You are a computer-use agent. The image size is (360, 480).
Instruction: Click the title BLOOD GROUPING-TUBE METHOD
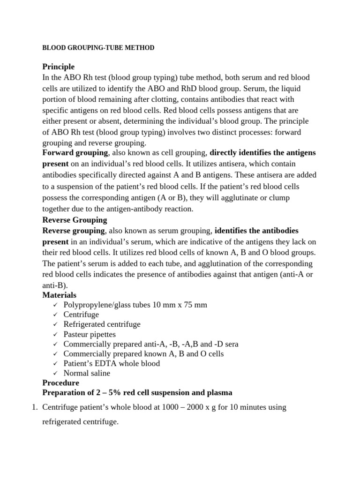(x=98, y=48)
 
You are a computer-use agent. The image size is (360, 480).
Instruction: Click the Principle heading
(x=58, y=67)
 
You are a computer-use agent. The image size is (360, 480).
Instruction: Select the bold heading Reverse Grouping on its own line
(x=75, y=220)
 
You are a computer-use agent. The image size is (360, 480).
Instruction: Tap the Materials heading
(x=59, y=295)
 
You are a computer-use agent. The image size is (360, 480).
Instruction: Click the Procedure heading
(x=61, y=383)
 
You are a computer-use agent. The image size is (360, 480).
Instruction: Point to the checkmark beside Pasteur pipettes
(x=55, y=334)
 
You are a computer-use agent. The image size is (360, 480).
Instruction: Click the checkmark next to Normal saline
(x=55, y=374)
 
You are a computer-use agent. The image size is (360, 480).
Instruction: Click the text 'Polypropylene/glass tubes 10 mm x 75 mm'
(x=135, y=305)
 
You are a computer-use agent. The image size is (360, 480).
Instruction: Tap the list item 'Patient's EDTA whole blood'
(x=112, y=363)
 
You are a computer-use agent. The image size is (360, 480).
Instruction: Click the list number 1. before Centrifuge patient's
(x=34, y=407)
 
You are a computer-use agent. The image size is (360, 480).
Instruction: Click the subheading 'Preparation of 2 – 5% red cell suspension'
(x=137, y=392)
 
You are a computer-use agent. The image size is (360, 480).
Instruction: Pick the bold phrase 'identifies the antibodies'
(x=256, y=231)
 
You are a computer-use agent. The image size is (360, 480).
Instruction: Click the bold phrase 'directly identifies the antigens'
(x=262, y=153)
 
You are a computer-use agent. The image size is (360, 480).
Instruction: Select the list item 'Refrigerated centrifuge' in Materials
(x=102, y=324)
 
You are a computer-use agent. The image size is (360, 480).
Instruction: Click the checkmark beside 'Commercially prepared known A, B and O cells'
(x=55, y=354)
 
